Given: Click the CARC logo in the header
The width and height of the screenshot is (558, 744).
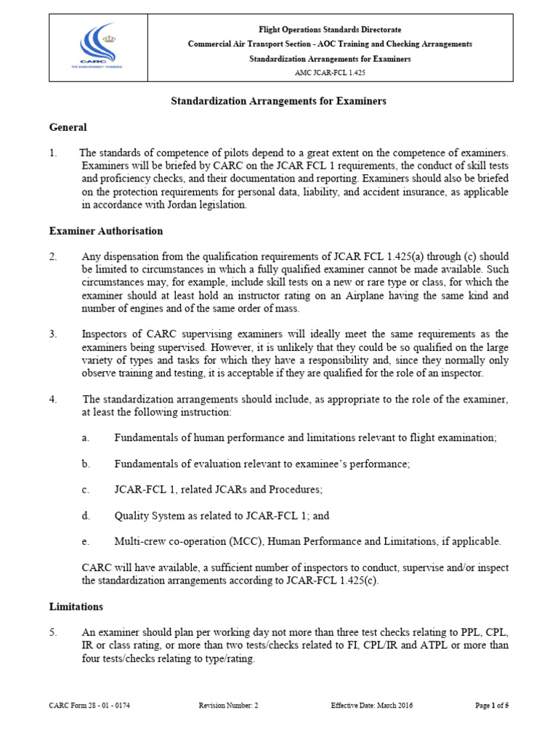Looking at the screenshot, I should click(95, 49).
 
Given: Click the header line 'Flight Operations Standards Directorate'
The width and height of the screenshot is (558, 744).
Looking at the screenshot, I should click(330, 30).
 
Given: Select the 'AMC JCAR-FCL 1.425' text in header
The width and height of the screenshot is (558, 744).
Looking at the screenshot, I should click(330, 73).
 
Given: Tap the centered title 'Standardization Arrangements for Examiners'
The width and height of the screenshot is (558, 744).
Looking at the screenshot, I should click(279, 101).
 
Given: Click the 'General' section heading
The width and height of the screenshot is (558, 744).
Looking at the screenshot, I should click(68, 127).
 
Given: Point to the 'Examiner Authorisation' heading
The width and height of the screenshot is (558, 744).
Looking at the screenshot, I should click(105, 231).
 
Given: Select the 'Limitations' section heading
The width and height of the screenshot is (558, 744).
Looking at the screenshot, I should click(76, 606).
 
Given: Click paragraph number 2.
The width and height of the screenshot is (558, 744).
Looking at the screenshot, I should click(53, 256).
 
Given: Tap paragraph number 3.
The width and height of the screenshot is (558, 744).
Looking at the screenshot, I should click(53, 334).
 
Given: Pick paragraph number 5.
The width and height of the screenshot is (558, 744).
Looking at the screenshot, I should click(53, 632).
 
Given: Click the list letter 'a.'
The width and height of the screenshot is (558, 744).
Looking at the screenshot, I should click(86, 437).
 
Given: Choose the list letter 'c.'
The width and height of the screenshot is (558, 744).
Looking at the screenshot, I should click(86, 490).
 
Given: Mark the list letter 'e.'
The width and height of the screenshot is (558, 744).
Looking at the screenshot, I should click(86, 541).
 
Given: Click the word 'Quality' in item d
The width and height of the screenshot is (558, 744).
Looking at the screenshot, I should click(131, 516).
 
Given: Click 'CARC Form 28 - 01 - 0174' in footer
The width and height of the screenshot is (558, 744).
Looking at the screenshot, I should click(89, 705).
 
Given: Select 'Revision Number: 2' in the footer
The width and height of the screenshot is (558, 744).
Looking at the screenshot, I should click(228, 705).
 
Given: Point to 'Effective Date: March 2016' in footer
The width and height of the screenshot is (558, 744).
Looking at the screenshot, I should click(372, 705).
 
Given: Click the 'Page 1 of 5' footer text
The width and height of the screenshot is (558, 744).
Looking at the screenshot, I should click(492, 705).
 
